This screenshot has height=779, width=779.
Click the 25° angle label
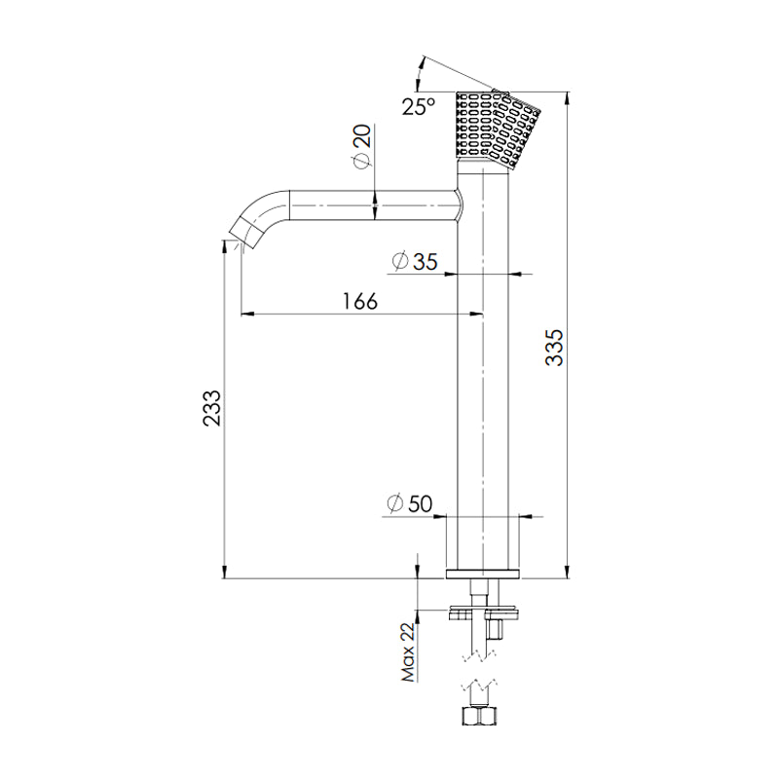click(x=419, y=106)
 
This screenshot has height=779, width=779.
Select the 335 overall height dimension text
click(x=553, y=348)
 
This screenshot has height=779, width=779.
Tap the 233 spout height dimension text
click(x=211, y=408)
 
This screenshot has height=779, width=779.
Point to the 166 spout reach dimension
click(x=359, y=301)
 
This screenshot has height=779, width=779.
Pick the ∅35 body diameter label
click(x=414, y=261)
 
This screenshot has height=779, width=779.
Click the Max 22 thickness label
click(x=407, y=653)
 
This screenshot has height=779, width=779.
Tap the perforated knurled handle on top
click(x=499, y=128)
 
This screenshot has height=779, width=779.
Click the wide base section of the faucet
click(x=483, y=541)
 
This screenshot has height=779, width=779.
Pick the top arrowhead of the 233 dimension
click(x=225, y=250)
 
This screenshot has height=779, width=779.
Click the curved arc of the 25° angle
click(x=421, y=70)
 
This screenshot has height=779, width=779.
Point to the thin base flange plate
click(x=483, y=574)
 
